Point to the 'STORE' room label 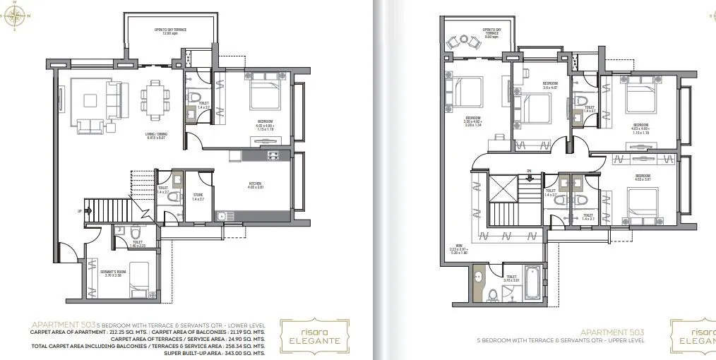(x=197, y=197)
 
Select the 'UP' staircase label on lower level (x=79, y=210)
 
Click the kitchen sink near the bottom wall (x=221, y=217)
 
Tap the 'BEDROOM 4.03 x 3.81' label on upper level (x=642, y=177)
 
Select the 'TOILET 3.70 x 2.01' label (x=511, y=279)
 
